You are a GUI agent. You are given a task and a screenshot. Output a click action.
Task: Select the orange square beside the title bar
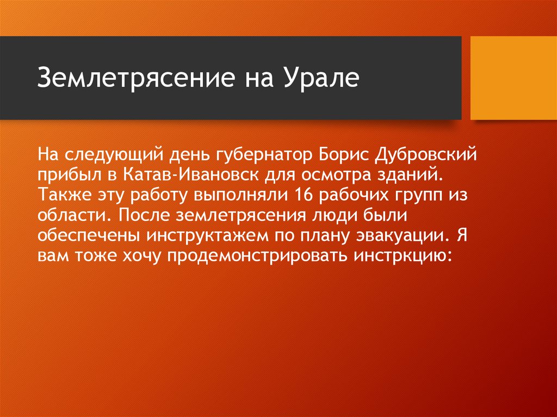(x=513, y=78)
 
